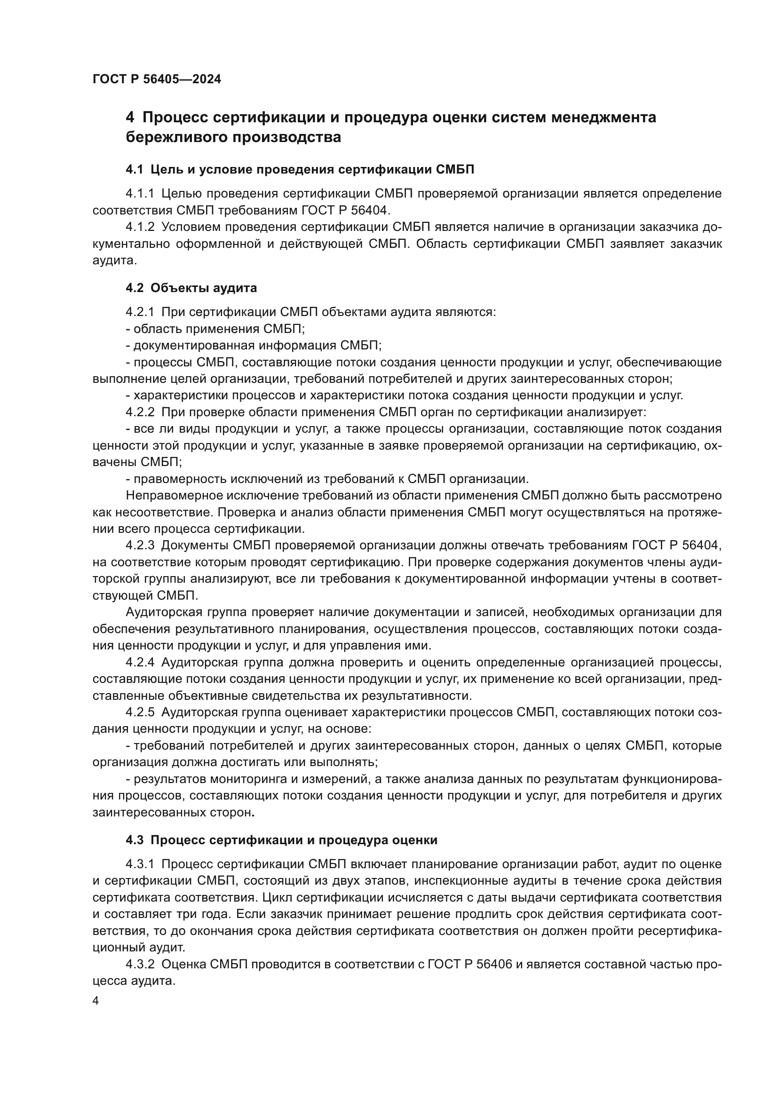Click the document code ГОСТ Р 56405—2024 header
(x=157, y=79)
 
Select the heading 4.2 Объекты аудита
(x=191, y=288)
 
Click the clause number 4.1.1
(x=140, y=194)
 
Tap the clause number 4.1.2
(x=140, y=227)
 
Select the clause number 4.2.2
(x=140, y=412)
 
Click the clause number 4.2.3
(x=140, y=545)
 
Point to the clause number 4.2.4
(x=140, y=663)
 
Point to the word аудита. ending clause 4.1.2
(x=114, y=260)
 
